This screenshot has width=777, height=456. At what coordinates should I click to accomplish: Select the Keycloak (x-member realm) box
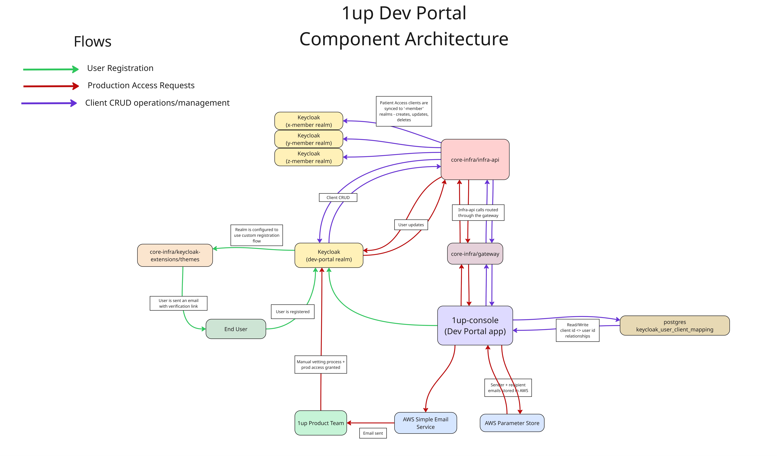point(309,121)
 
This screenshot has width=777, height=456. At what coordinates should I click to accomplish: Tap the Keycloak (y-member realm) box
point(309,139)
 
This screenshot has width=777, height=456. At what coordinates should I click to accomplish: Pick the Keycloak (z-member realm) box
point(309,157)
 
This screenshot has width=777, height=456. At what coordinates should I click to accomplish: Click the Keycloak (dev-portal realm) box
point(329,255)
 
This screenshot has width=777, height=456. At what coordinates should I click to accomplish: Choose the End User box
point(236,329)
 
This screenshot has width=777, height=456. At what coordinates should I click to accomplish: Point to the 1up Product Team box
point(321,423)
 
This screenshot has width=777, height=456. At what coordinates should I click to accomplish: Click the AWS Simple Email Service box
point(426,423)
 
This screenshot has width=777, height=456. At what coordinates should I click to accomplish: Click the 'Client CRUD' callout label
point(338,197)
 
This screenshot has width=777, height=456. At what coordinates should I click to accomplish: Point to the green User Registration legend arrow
point(51,69)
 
